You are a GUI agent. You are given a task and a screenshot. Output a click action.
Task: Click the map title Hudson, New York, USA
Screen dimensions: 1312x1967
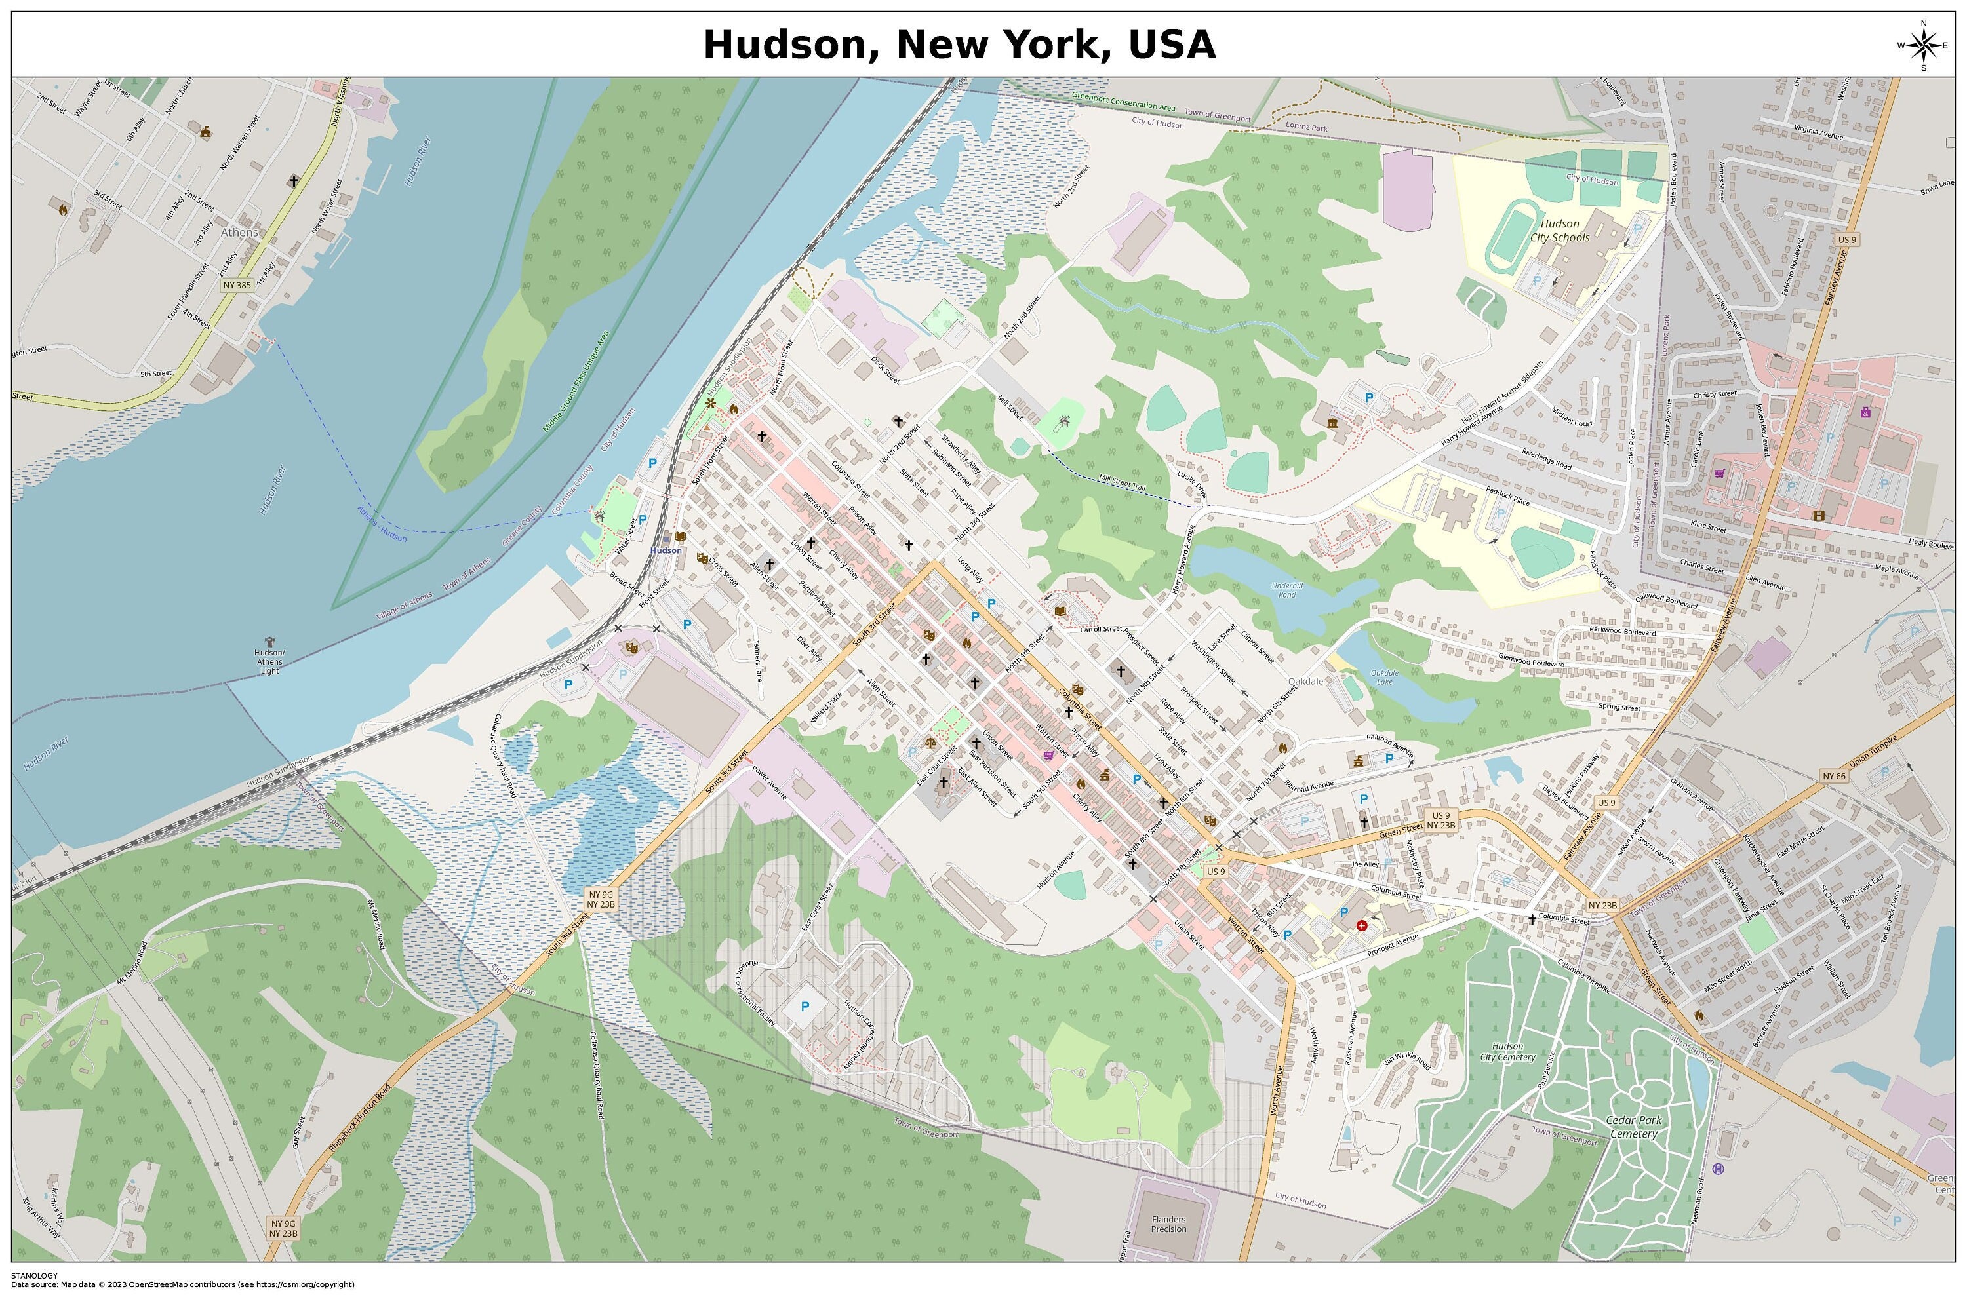point(959,45)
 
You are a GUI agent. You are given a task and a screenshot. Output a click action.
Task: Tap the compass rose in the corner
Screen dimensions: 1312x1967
point(1922,45)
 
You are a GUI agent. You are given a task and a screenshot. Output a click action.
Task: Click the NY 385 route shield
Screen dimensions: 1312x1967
point(237,285)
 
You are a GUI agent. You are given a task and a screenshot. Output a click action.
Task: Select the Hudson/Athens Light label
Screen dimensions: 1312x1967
point(269,662)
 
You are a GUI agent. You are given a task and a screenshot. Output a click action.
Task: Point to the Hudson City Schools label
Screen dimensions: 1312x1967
point(1559,230)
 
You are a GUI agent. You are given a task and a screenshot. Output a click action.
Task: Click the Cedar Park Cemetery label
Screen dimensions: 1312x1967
point(1634,1127)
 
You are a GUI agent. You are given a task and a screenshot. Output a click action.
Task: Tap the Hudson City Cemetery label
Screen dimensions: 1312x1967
point(1507,1052)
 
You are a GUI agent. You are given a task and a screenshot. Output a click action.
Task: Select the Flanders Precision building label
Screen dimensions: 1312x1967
point(1168,1225)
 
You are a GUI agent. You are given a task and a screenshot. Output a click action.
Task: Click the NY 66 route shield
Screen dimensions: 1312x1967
point(1833,777)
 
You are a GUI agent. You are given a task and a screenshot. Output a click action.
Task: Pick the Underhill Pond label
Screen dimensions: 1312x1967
point(1286,590)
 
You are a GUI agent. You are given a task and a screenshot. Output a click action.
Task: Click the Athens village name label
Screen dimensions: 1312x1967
point(239,233)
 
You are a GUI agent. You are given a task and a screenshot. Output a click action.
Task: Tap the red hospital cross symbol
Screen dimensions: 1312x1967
point(1362,925)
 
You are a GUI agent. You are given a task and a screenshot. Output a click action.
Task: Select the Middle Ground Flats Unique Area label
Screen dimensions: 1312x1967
point(576,381)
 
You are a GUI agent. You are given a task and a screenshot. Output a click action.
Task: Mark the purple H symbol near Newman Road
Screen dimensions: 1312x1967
point(1718,1170)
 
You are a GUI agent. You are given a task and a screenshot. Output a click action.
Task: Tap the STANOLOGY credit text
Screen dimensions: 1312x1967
point(34,1276)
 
